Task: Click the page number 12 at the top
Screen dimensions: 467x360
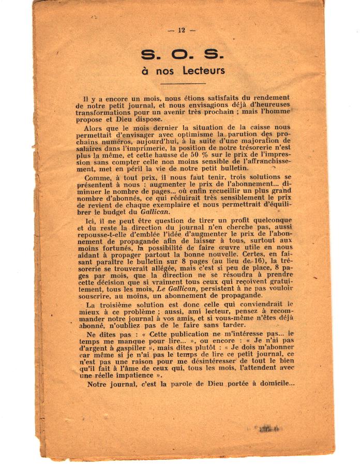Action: point(181,31)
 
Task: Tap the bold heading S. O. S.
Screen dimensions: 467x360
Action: point(181,54)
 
